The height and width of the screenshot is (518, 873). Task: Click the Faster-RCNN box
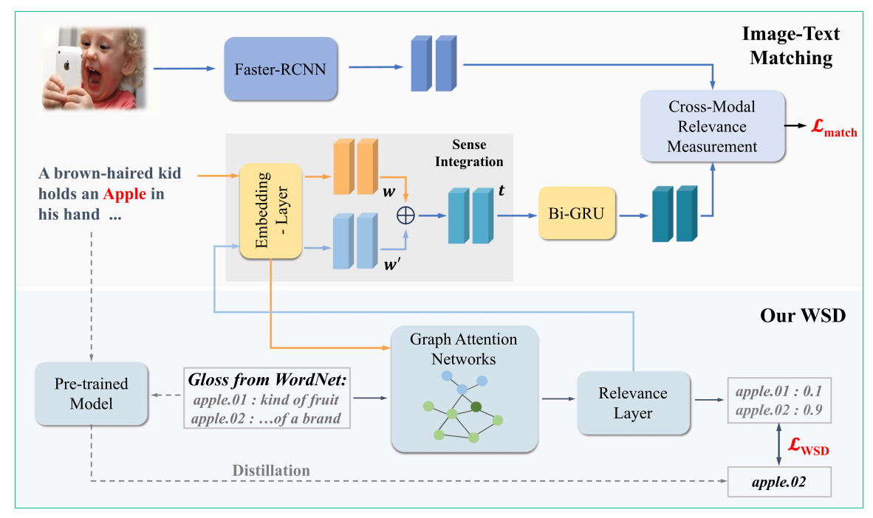(x=281, y=69)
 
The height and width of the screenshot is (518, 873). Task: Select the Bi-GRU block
(x=577, y=214)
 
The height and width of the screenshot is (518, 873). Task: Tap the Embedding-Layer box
(x=270, y=211)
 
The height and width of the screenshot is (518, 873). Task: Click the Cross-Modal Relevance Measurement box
(x=713, y=126)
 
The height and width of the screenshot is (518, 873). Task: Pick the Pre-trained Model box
(x=92, y=394)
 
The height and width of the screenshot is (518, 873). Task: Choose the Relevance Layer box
(x=633, y=403)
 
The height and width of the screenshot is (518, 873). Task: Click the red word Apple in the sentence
(x=125, y=194)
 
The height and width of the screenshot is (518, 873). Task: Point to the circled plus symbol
(x=405, y=215)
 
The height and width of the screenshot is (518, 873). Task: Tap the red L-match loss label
(x=833, y=128)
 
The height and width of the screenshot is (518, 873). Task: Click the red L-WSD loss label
(x=809, y=446)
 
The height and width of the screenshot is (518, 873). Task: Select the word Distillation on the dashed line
(x=271, y=471)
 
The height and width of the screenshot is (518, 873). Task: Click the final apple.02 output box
(x=779, y=482)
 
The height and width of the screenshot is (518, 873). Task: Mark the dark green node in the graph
(x=476, y=407)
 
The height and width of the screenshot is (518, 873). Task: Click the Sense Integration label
(x=469, y=153)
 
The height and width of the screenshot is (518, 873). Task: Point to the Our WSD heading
(x=803, y=316)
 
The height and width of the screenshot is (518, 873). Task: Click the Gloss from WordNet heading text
(x=267, y=380)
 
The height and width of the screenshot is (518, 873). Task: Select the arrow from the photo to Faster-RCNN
(x=185, y=69)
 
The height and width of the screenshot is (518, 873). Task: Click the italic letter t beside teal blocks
(x=501, y=191)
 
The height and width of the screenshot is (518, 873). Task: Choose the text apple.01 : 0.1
(x=779, y=391)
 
